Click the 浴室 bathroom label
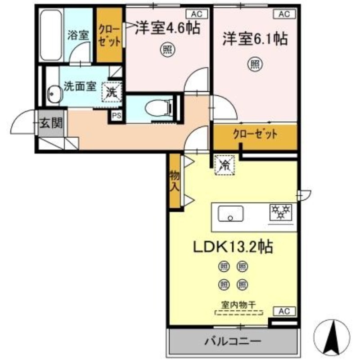[78, 35]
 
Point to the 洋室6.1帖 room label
[255, 40]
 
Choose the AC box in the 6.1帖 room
[283, 14]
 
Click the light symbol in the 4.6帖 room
[167, 49]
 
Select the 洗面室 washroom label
[79, 86]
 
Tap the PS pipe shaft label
[116, 116]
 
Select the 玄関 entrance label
[51, 123]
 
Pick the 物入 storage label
[174, 181]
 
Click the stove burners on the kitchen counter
[280, 211]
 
